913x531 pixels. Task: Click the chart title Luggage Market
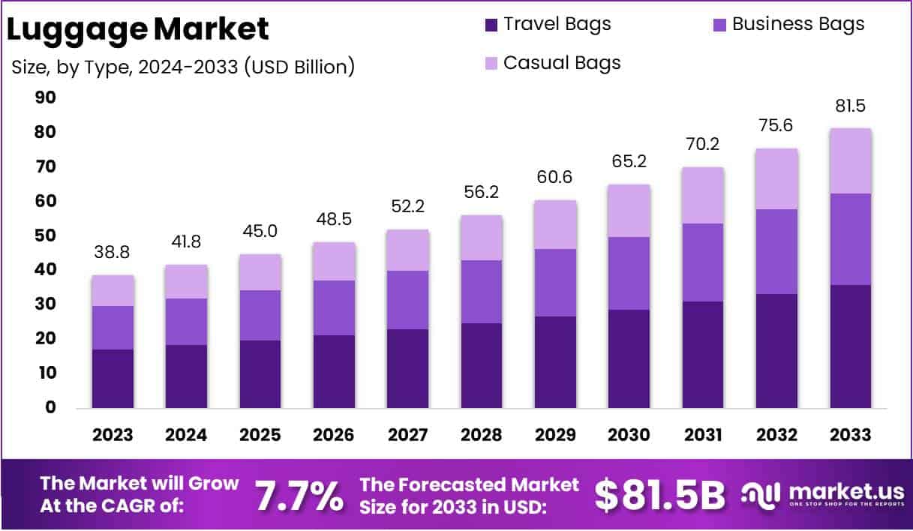[x=137, y=29]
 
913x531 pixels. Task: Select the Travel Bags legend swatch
[x=491, y=25]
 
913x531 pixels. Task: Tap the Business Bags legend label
[x=798, y=24]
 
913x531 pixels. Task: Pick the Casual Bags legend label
[x=562, y=62]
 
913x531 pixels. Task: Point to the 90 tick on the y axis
[x=45, y=97]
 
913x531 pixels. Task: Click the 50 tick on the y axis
[x=45, y=235]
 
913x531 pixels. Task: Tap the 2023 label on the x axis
[x=113, y=435]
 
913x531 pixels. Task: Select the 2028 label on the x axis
[x=482, y=435]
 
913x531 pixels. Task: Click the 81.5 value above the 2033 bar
[x=851, y=106]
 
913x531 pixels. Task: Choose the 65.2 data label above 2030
[x=629, y=161]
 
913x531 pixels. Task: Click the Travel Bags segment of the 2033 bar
[x=851, y=346]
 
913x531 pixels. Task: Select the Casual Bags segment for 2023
[x=113, y=290]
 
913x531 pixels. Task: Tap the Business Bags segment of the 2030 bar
[x=629, y=273]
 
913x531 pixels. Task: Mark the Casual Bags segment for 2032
[x=776, y=178]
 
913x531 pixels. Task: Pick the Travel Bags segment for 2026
[x=334, y=371]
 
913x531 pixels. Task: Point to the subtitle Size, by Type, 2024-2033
[x=183, y=67]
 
